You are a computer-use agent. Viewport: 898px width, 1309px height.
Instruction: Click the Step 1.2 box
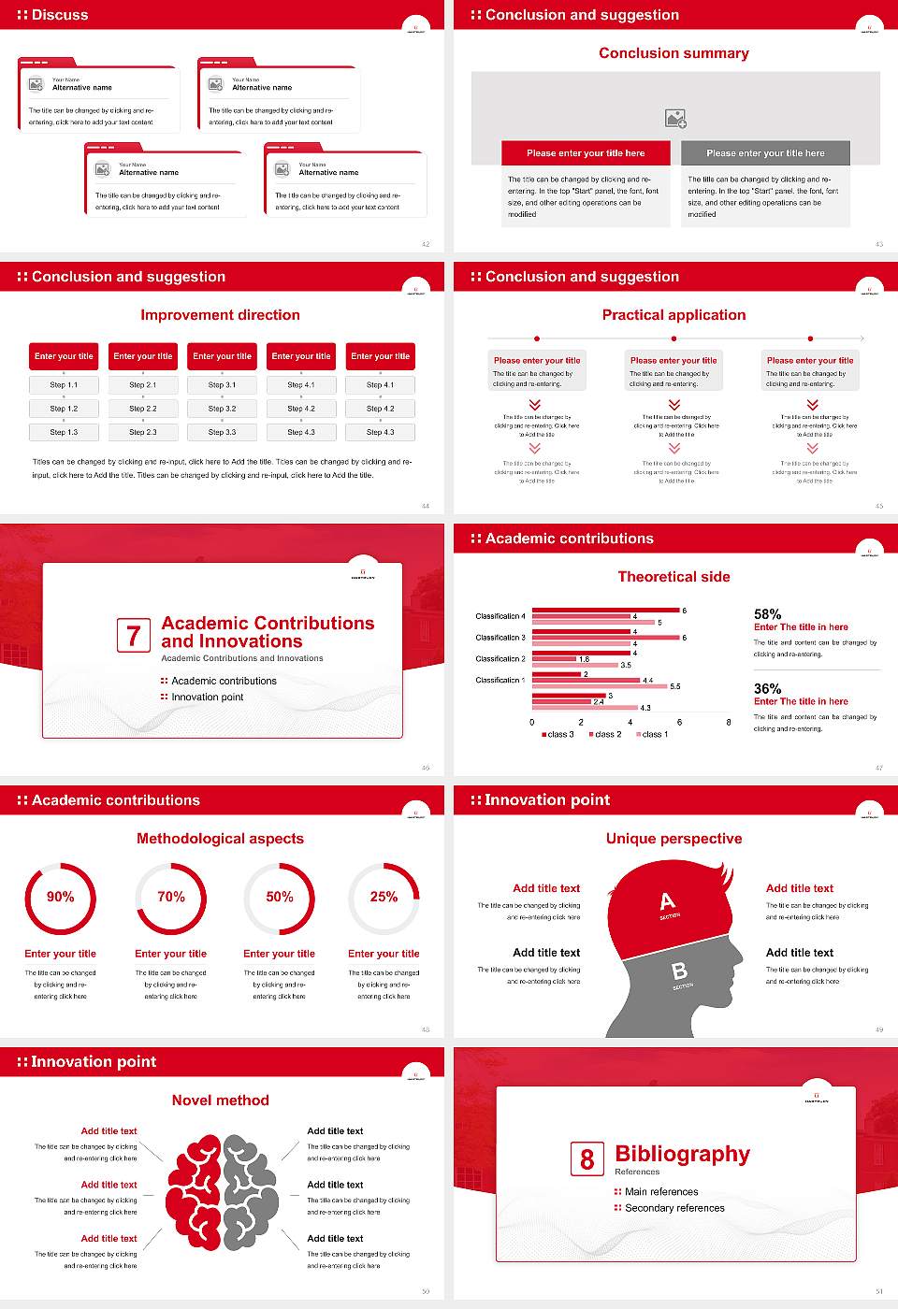click(64, 409)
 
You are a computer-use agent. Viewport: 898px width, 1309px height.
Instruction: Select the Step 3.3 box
click(222, 432)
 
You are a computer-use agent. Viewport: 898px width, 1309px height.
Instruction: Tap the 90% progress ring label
click(61, 897)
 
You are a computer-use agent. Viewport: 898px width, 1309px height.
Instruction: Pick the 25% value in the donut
click(384, 897)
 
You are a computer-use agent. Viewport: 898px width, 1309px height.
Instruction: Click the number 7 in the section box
click(133, 636)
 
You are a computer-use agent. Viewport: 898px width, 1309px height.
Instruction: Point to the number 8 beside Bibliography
click(587, 1159)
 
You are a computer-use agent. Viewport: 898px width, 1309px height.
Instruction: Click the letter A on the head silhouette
click(667, 901)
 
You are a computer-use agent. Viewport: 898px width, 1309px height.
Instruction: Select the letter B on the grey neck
click(680, 971)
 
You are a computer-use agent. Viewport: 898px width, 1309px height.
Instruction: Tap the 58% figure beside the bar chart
click(767, 613)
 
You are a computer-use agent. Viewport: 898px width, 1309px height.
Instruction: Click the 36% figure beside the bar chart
click(767, 688)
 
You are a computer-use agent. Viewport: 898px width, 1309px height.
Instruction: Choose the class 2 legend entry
click(604, 735)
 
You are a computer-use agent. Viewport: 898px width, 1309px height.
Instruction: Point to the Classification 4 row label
click(500, 616)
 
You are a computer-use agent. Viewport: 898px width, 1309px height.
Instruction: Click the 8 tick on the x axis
click(729, 722)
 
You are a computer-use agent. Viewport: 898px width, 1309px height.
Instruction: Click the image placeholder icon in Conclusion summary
click(675, 119)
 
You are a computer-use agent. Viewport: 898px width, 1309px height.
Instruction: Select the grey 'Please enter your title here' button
click(765, 153)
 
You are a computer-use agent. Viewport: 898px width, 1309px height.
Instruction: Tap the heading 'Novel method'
click(221, 1100)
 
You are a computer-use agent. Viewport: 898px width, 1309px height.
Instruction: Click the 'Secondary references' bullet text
click(674, 1208)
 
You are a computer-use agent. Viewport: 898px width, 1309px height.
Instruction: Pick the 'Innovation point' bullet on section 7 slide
click(207, 697)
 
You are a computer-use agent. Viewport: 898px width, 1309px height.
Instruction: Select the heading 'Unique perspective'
click(673, 839)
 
